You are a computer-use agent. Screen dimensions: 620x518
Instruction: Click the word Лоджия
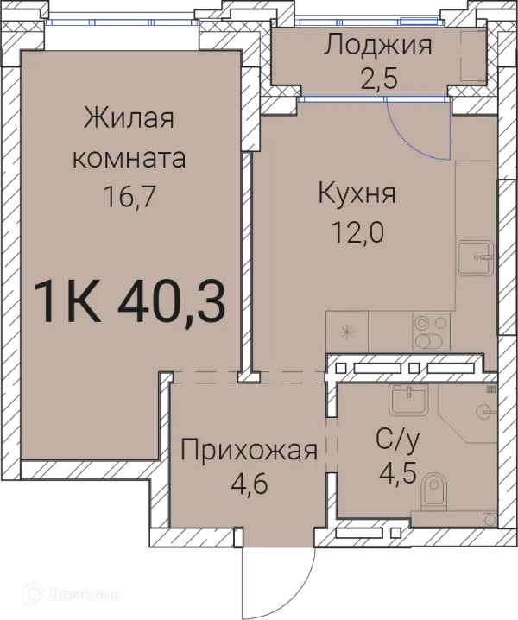click(377, 45)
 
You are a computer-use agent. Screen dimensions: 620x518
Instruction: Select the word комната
click(129, 158)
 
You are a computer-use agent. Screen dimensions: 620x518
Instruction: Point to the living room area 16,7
click(129, 196)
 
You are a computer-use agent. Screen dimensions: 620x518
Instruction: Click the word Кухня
click(356, 193)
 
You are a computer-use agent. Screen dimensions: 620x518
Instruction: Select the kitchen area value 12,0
click(356, 231)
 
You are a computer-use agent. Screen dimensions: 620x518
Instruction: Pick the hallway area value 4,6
click(250, 484)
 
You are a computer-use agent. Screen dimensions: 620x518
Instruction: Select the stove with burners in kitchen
click(431, 329)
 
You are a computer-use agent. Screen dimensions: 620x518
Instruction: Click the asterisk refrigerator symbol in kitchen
click(346, 331)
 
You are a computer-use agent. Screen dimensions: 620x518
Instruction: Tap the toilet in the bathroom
click(433, 493)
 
